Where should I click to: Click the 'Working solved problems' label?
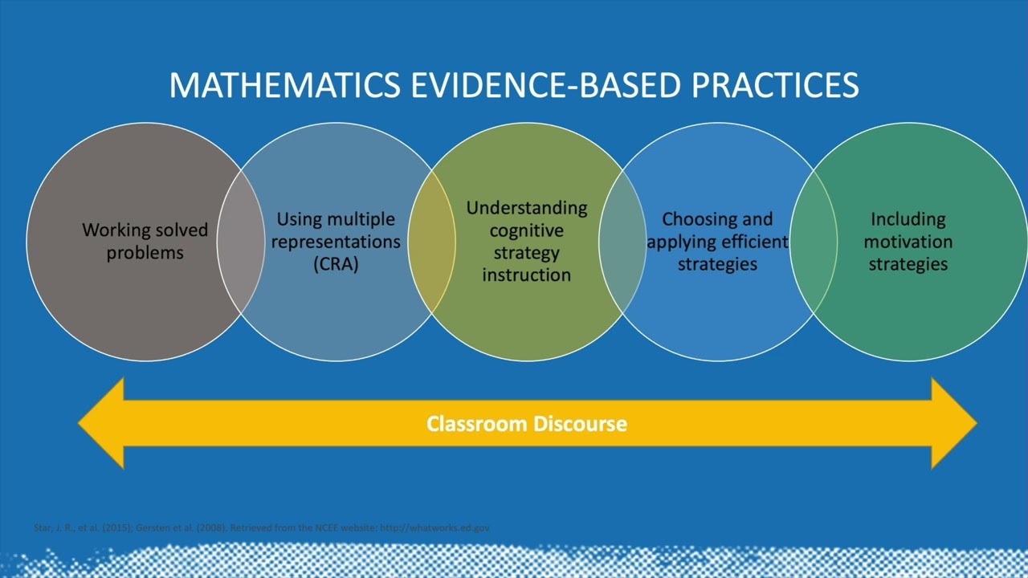145,242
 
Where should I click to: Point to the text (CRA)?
336,264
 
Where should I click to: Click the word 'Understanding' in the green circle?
527,209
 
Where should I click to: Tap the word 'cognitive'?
527,231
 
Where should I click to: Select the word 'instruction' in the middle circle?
527,275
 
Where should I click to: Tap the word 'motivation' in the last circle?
908,242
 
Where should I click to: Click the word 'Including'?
908,219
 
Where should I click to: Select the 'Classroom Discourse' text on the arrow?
527,424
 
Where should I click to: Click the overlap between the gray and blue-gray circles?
240,242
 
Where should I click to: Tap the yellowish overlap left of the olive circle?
431,242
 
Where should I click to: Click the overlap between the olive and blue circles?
622,242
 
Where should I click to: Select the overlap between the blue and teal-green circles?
814,242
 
